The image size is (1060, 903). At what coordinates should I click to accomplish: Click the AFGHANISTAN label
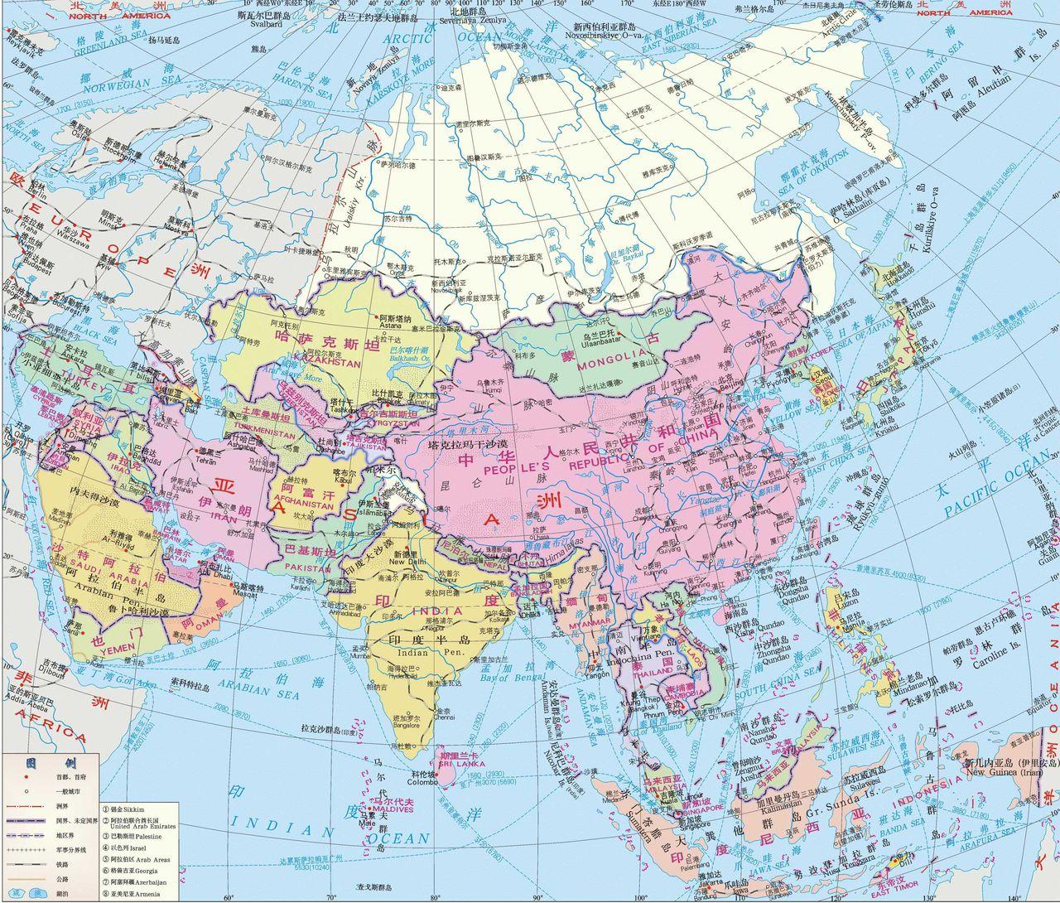click(x=305, y=504)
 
